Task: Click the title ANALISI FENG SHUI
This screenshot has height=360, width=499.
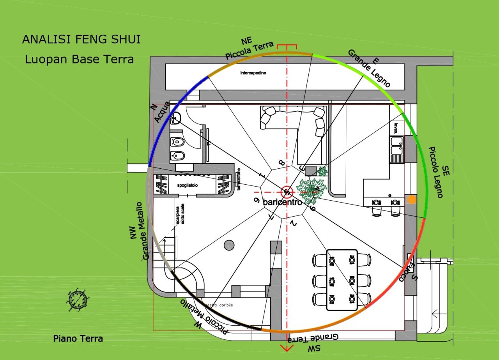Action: coord(81,39)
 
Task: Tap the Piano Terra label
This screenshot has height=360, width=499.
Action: coord(78,339)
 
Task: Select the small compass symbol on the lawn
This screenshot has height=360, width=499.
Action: coord(77,300)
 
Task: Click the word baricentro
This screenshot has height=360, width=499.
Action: coord(283,202)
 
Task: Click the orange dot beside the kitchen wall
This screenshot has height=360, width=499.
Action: coord(411,199)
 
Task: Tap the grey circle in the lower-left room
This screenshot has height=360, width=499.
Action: coord(229,245)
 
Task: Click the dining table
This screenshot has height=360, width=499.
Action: coord(342,280)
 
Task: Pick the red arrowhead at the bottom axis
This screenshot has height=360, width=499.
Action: coord(287,348)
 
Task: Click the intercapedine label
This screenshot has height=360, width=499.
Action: coord(253,73)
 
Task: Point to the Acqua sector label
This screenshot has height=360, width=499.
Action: coord(162,112)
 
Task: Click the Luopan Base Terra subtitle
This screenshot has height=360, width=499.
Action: coord(80,59)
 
